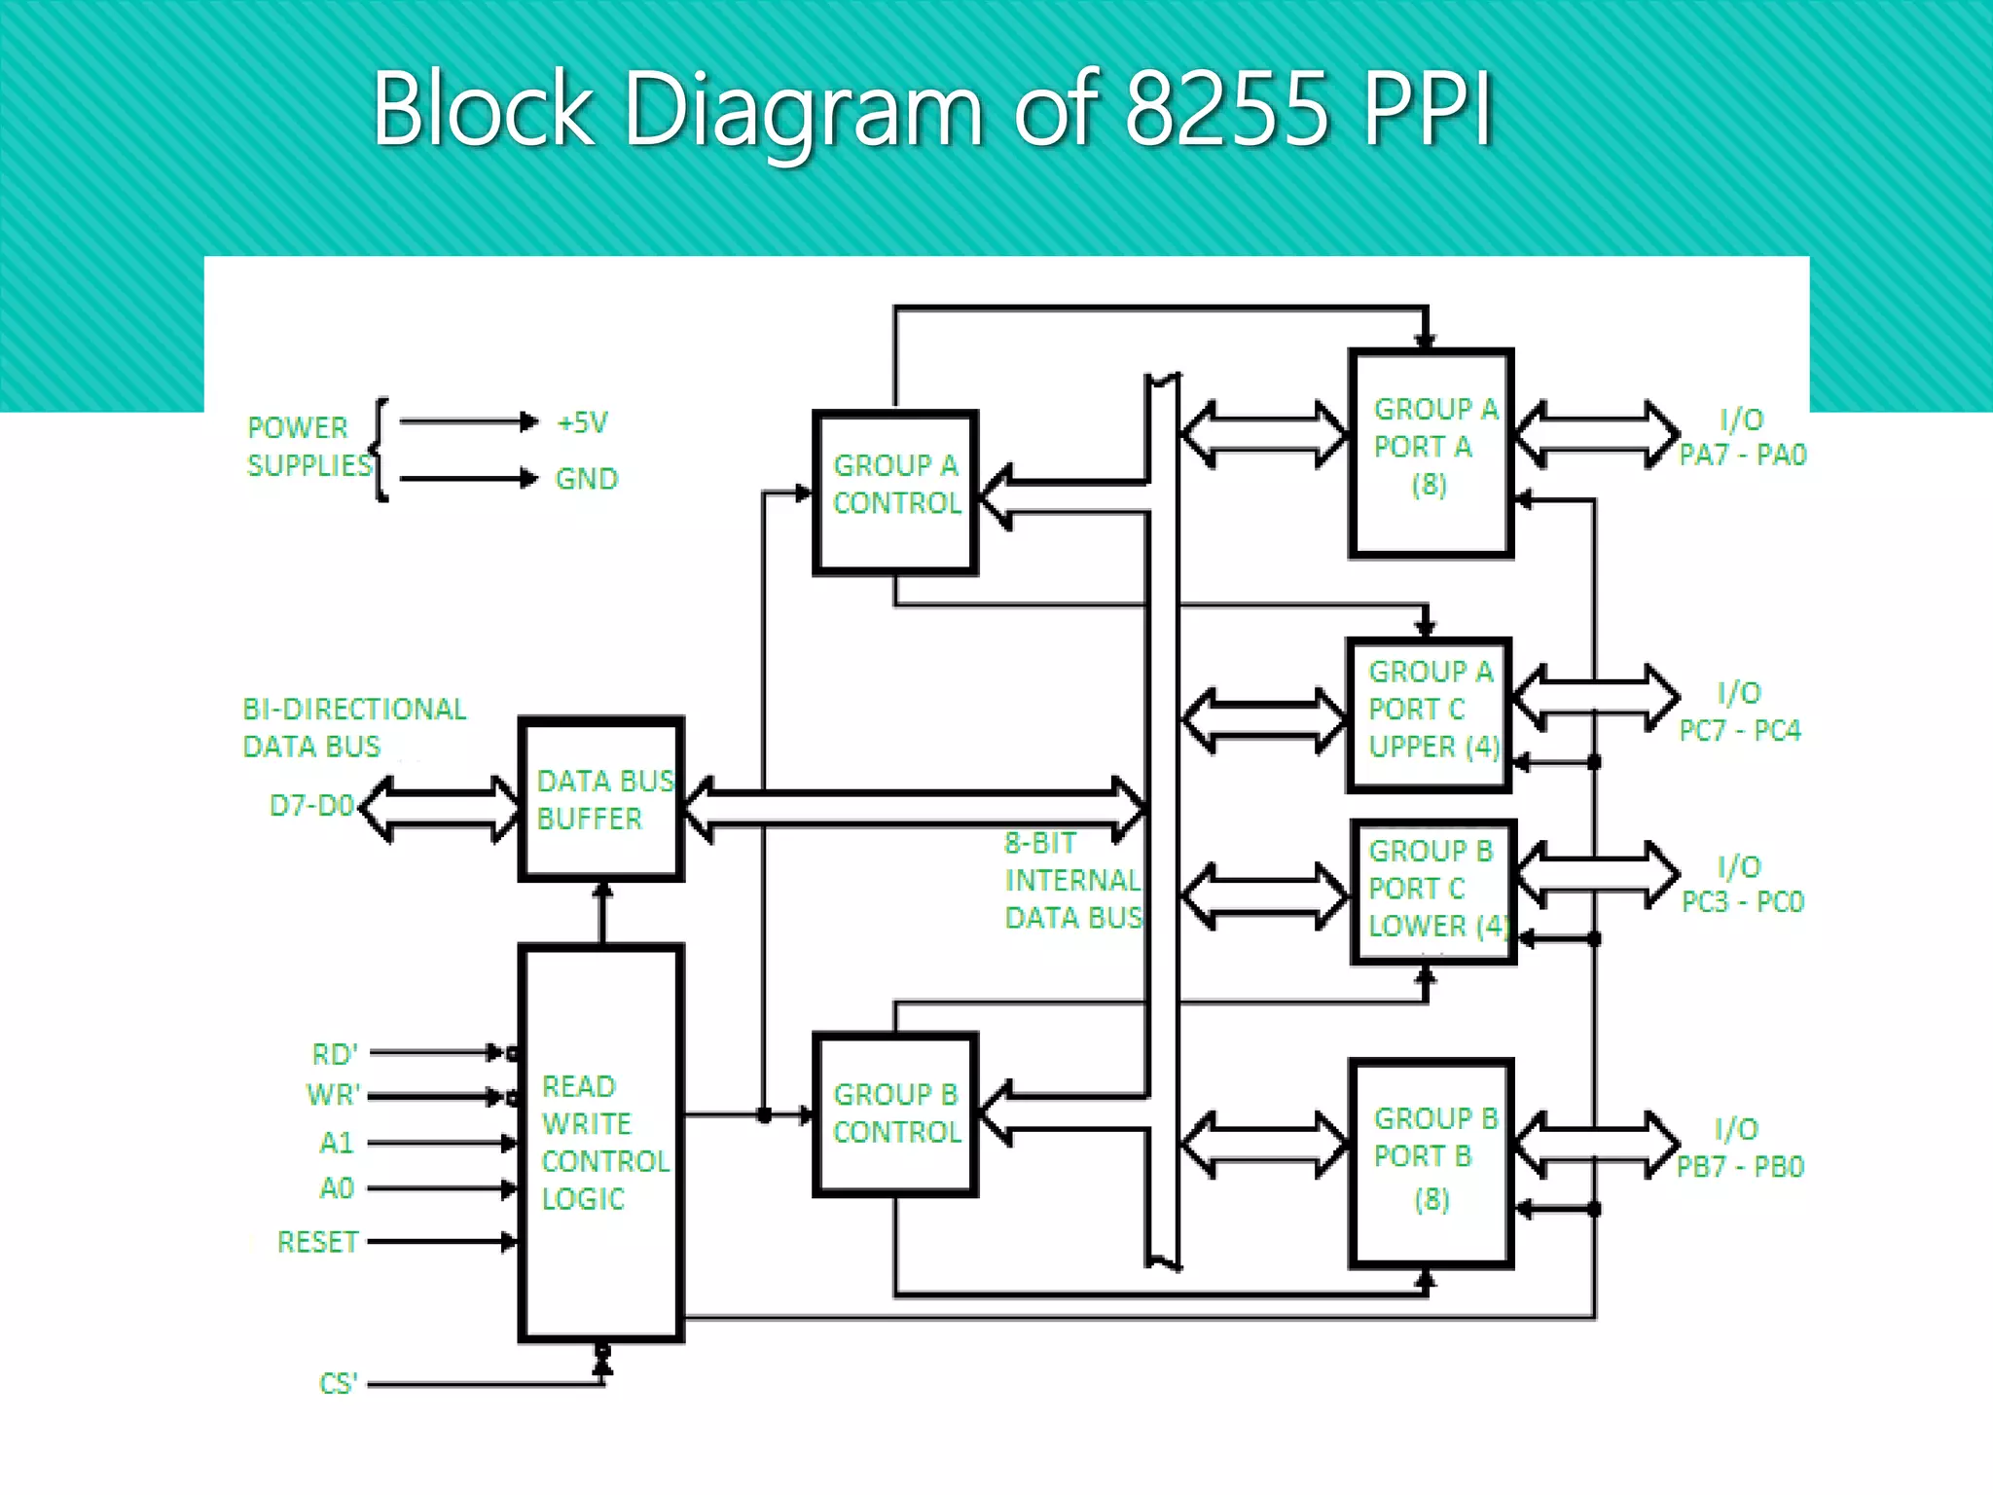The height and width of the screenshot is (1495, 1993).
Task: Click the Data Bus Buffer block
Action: [x=600, y=799]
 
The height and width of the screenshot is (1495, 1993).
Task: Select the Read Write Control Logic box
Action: [x=600, y=1143]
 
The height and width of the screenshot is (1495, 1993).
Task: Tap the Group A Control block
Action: [x=895, y=492]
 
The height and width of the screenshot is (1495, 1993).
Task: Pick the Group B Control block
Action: [x=895, y=1113]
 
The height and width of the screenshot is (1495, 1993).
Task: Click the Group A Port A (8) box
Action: [x=1431, y=453]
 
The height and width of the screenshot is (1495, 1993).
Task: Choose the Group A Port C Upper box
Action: [x=1429, y=714]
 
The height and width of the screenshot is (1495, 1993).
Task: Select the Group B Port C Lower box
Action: [x=1432, y=892]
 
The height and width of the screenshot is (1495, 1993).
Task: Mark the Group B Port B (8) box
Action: [x=1431, y=1162]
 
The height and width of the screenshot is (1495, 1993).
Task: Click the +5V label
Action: [x=582, y=422]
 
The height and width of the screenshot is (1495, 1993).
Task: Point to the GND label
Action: [x=586, y=479]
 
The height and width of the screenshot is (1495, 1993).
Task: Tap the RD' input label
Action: [x=335, y=1054]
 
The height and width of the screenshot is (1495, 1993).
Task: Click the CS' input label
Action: [x=338, y=1383]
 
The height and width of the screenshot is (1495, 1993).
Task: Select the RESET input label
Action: [x=317, y=1242]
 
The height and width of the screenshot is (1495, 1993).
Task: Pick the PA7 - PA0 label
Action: [x=1742, y=456]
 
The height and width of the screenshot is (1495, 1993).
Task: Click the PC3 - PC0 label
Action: [x=1742, y=902]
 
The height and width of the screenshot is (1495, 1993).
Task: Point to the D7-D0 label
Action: [x=310, y=806]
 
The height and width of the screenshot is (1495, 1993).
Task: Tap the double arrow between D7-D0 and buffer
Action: [x=440, y=809]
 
